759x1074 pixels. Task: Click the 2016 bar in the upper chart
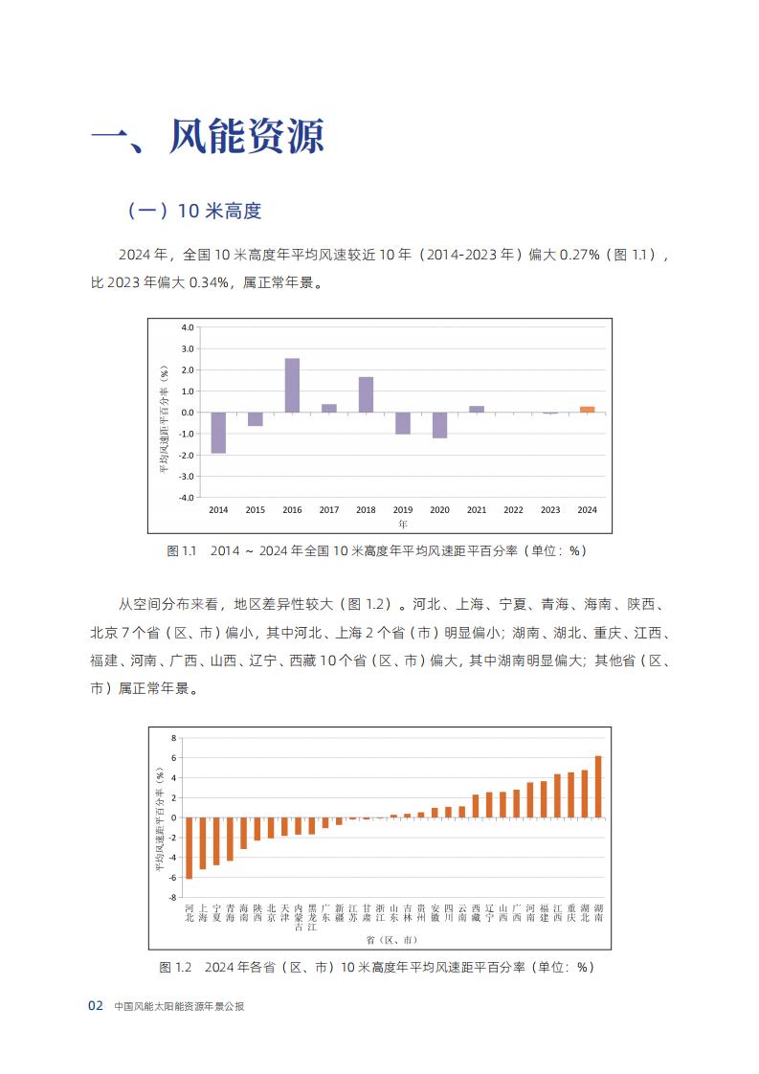(x=292, y=386)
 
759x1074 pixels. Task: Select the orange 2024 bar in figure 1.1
(x=587, y=410)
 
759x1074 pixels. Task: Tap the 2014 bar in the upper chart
(x=218, y=433)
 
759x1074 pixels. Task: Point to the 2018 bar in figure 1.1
(x=366, y=394)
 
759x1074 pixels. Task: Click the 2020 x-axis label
(x=439, y=510)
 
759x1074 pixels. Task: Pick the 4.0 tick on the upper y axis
(x=187, y=327)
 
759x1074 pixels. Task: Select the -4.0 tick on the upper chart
(x=186, y=497)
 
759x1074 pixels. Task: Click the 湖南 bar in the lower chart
(x=599, y=786)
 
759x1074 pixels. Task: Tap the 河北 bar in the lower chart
(x=190, y=848)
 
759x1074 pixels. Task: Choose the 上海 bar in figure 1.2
(x=203, y=843)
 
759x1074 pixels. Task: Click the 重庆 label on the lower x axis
(x=571, y=913)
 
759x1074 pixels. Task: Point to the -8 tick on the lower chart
(x=172, y=897)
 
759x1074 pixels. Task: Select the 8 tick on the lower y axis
(x=174, y=738)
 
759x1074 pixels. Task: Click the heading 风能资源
(x=247, y=136)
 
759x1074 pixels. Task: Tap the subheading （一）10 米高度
(x=194, y=211)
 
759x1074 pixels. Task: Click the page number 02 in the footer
(x=95, y=1005)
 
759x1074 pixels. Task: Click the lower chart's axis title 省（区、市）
(x=391, y=940)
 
